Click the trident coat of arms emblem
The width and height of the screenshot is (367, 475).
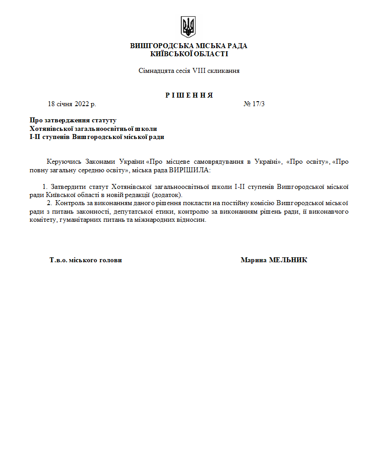click(188, 27)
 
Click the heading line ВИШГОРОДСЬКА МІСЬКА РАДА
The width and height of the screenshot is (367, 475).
click(188, 46)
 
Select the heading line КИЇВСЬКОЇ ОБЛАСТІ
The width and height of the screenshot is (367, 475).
click(189, 54)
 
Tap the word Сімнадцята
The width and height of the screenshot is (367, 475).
click(153, 71)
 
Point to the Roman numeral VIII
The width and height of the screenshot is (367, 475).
click(198, 71)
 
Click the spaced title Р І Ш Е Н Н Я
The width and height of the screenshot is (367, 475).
click(189, 95)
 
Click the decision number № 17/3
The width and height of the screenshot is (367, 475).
click(254, 104)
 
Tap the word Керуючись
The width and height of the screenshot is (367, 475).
click(63, 161)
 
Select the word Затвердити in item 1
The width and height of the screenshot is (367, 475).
click(66, 186)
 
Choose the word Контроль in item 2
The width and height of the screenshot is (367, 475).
click(68, 203)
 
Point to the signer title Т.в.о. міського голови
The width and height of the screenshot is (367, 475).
click(85, 260)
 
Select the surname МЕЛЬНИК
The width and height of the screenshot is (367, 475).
click(288, 260)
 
